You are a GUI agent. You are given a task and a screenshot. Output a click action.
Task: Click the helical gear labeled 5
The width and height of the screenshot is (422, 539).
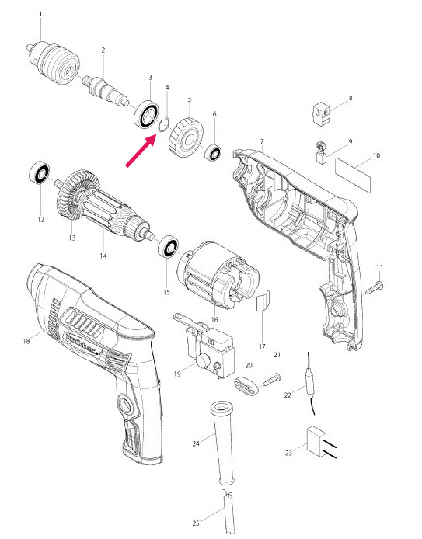point(185,137)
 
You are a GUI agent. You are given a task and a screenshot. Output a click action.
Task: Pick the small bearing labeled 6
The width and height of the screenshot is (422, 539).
point(214,152)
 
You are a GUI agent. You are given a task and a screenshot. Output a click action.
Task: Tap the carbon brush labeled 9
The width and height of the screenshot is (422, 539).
point(319,151)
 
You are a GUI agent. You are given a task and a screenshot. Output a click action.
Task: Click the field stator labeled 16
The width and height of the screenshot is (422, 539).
point(214,276)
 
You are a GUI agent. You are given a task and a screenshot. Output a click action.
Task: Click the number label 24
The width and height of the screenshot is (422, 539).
point(195,443)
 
